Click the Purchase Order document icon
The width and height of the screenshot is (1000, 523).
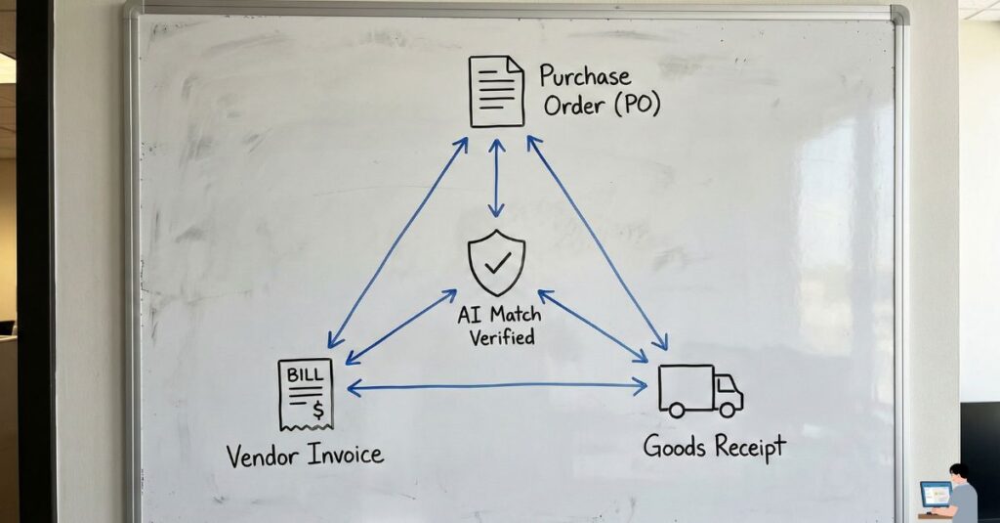click(x=496, y=91)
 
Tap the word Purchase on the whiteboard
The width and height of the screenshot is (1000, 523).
click(x=584, y=76)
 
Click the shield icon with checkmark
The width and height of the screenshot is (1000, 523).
click(x=496, y=262)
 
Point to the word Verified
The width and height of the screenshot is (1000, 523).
click(x=501, y=338)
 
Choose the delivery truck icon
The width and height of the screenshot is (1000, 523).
click(x=699, y=391)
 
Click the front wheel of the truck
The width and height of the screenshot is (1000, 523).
click(x=728, y=412)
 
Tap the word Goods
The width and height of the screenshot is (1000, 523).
click(x=675, y=448)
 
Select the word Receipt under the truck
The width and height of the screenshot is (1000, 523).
click(x=750, y=449)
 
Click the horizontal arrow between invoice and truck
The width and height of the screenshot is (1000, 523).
click(x=496, y=387)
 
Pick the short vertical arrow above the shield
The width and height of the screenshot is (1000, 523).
click(x=496, y=177)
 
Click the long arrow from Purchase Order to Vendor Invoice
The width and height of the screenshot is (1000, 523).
click(x=396, y=242)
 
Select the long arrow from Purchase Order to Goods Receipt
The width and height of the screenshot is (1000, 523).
click(x=598, y=242)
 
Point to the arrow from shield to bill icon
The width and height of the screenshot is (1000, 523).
click(x=400, y=327)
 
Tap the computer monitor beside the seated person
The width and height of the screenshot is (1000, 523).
click(x=935, y=494)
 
